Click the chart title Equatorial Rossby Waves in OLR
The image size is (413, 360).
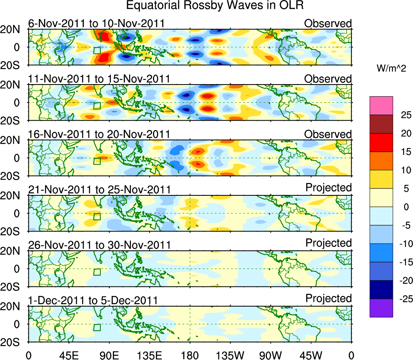click(215, 6)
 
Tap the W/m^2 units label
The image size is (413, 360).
click(391, 69)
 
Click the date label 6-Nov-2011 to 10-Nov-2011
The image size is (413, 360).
click(96, 23)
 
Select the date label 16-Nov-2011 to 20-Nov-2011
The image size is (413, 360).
click(99, 134)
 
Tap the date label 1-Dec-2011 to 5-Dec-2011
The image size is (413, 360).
click(93, 301)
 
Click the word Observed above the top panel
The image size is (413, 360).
click(328, 23)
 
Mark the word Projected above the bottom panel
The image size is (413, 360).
click(328, 299)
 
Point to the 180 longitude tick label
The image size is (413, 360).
click(190, 355)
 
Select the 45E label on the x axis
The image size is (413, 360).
click(68, 355)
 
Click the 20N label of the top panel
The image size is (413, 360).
click(14, 29)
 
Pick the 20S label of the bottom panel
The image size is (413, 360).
click(14, 342)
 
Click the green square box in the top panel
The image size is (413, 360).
click(97, 50)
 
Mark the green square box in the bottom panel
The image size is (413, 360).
click(97, 327)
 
